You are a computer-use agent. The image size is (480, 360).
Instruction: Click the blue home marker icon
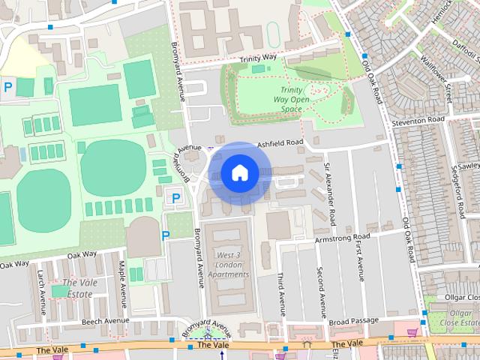(x=239, y=173)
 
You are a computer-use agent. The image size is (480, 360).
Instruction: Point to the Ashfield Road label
(x=280, y=142)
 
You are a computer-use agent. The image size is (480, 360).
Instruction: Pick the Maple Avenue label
(x=122, y=279)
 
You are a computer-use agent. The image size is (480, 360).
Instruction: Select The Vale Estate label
(x=78, y=288)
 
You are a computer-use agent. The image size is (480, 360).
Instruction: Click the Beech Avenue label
(x=105, y=320)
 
